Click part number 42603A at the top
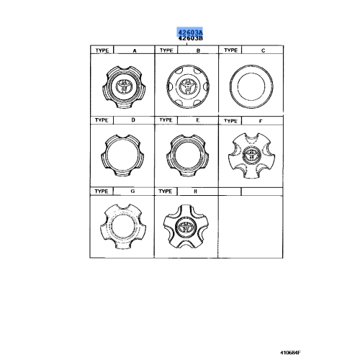coord(192,32)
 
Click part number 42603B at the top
coord(192,39)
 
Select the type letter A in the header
coord(133,50)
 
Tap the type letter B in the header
coord(197,50)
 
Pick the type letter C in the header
coord(263,50)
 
